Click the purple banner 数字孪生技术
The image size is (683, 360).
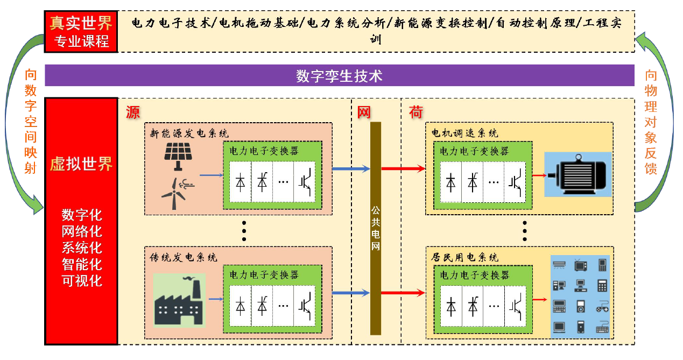[339, 76]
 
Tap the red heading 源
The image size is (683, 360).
[132, 112]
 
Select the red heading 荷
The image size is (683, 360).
[416, 112]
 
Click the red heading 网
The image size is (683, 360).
[364, 112]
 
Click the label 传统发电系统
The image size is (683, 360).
[184, 257]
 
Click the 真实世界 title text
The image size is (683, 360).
[81, 23]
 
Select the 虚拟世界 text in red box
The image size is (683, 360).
[81, 164]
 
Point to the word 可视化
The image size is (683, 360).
[82, 280]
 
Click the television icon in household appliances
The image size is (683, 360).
[581, 265]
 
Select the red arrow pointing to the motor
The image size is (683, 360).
[538, 175]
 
